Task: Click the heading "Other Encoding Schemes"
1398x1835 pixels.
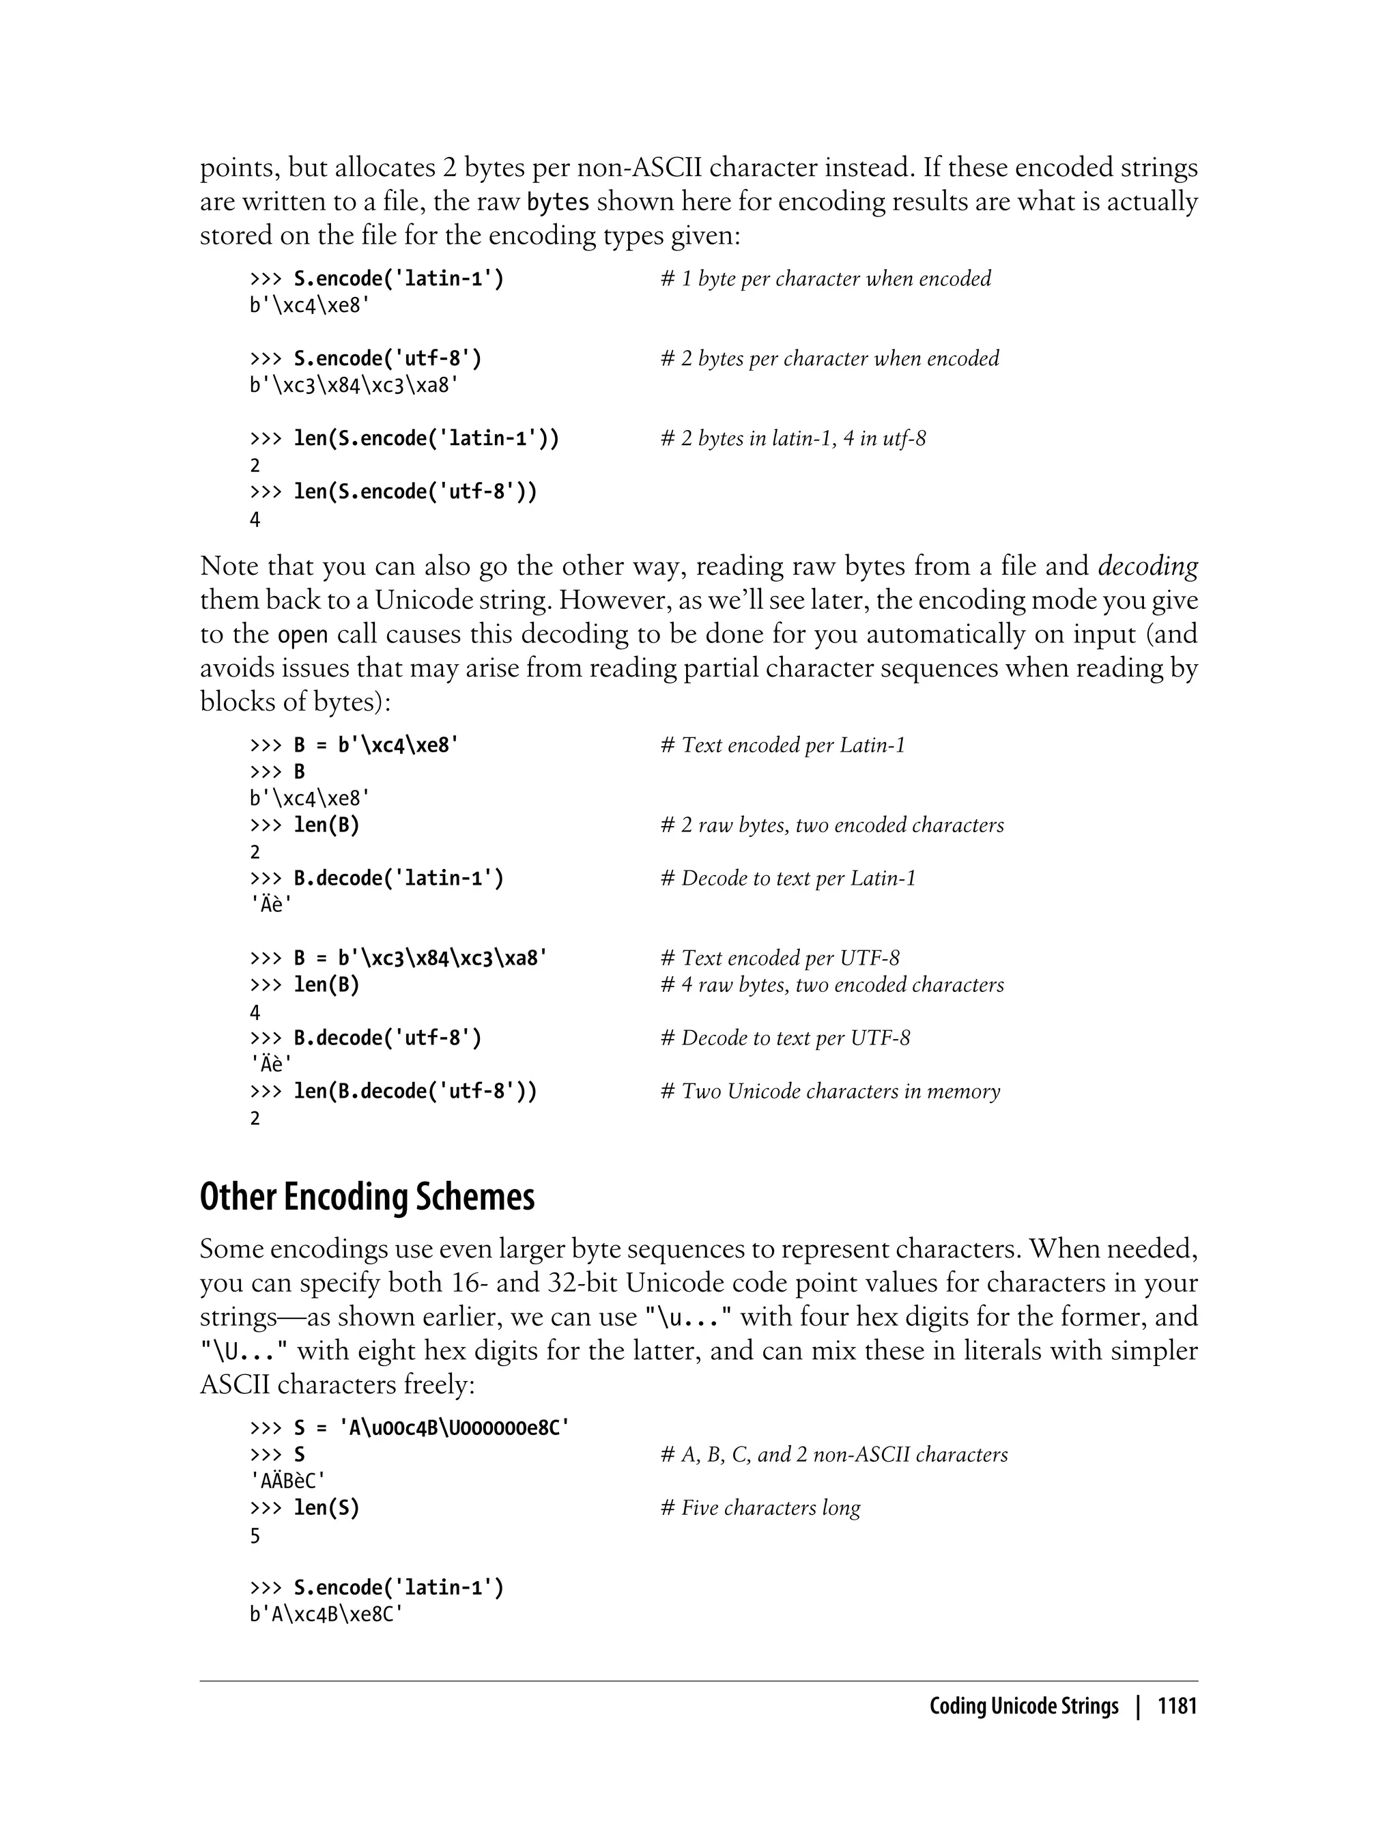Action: pyautogui.click(x=367, y=1197)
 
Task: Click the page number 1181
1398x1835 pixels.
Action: pyautogui.click(x=1177, y=1707)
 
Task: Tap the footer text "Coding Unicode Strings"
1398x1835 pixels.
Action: pyautogui.click(x=1023, y=1707)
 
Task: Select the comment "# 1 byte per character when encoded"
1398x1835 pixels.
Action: pyautogui.click(x=825, y=279)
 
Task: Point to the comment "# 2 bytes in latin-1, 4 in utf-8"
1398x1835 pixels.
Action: pyautogui.click(x=793, y=438)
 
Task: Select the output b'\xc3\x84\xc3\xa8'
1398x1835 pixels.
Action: pyautogui.click(x=354, y=386)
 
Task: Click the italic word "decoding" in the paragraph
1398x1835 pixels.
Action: pyautogui.click(x=1147, y=567)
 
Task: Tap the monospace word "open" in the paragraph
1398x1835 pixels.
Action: pyautogui.click(x=302, y=635)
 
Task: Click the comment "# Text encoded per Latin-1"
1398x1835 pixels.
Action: pyautogui.click(x=782, y=745)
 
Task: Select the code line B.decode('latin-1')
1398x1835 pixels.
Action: pyautogui.click(x=399, y=879)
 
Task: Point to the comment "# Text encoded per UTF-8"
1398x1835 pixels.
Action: pyautogui.click(x=780, y=958)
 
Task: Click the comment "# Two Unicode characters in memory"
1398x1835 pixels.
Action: pyautogui.click(x=829, y=1091)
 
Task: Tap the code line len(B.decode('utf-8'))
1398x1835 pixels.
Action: pyautogui.click(x=415, y=1091)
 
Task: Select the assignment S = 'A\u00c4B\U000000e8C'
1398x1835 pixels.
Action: pyautogui.click(x=432, y=1428)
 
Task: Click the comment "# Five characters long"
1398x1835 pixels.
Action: pyautogui.click(x=760, y=1508)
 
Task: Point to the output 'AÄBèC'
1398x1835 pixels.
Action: pyautogui.click(x=287, y=1481)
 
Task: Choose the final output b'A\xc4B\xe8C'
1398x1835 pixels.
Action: pyautogui.click(x=326, y=1614)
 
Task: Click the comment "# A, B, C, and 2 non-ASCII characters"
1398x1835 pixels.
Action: pyautogui.click(x=833, y=1455)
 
